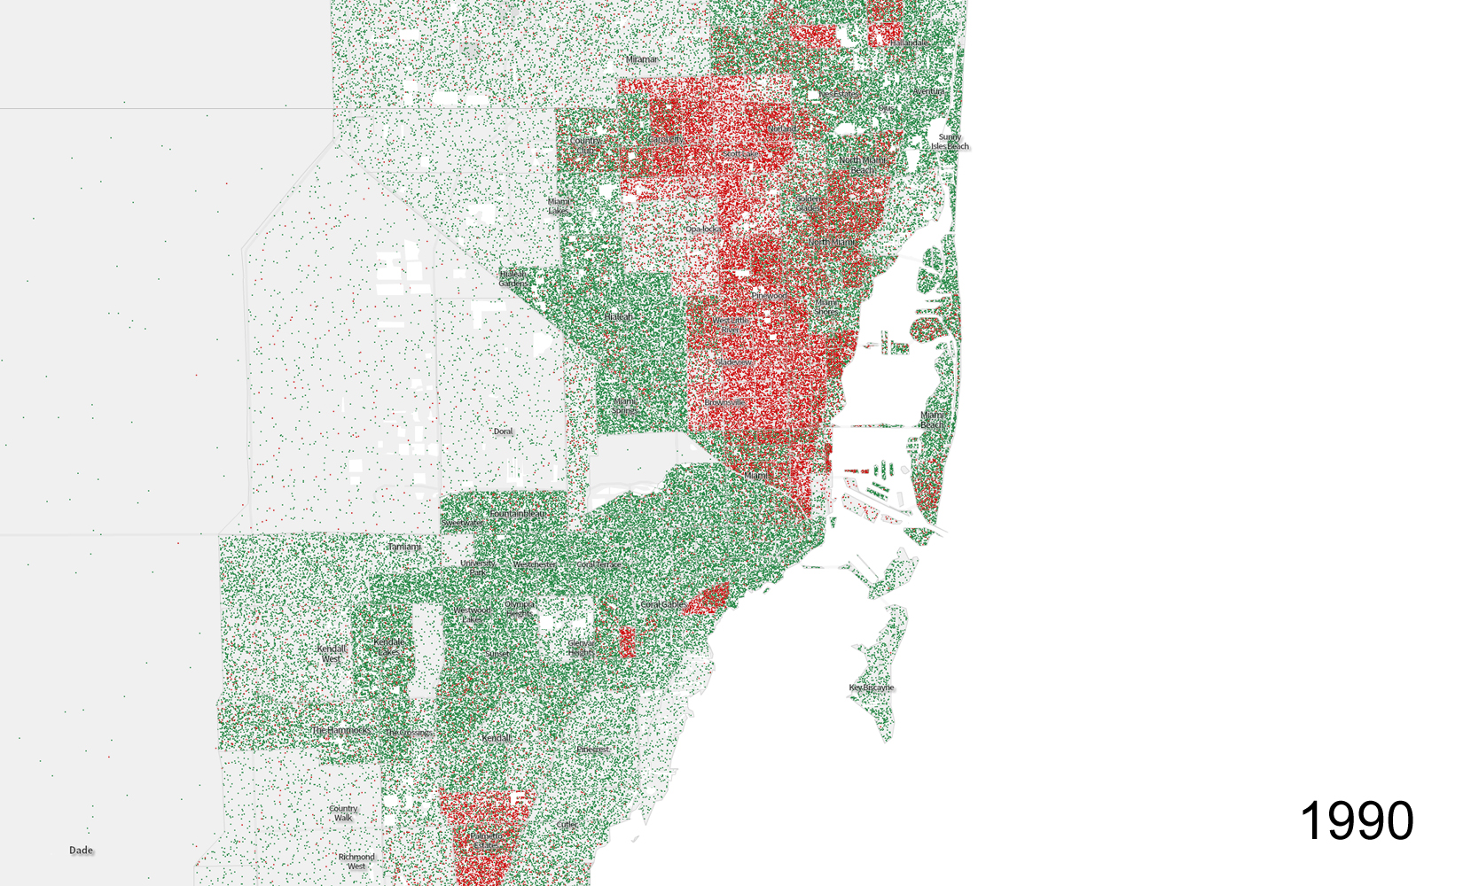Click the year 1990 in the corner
pyautogui.click(x=1356, y=820)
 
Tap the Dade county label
pyautogui.click(x=81, y=851)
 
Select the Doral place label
pyautogui.click(x=503, y=431)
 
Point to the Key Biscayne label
pyautogui.click(x=872, y=688)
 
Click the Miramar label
pyautogui.click(x=642, y=59)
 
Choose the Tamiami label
pyautogui.click(x=404, y=547)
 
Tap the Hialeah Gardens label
pyautogui.click(x=512, y=278)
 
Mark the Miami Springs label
pyautogui.click(x=624, y=406)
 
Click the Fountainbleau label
pyautogui.click(x=517, y=513)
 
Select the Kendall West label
pyautogui.click(x=332, y=653)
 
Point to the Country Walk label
pyautogui.click(x=343, y=812)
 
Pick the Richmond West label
pyautogui.click(x=356, y=861)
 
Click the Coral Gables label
pyautogui.click(x=661, y=604)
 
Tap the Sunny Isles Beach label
pyautogui.click(x=950, y=142)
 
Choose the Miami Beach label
pyautogui.click(x=932, y=419)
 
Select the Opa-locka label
pyautogui.click(x=702, y=229)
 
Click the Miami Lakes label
pyautogui.click(x=559, y=206)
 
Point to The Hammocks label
pyautogui.click(x=340, y=730)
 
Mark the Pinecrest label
pyautogui.click(x=593, y=750)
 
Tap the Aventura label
pyautogui.click(x=928, y=91)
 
